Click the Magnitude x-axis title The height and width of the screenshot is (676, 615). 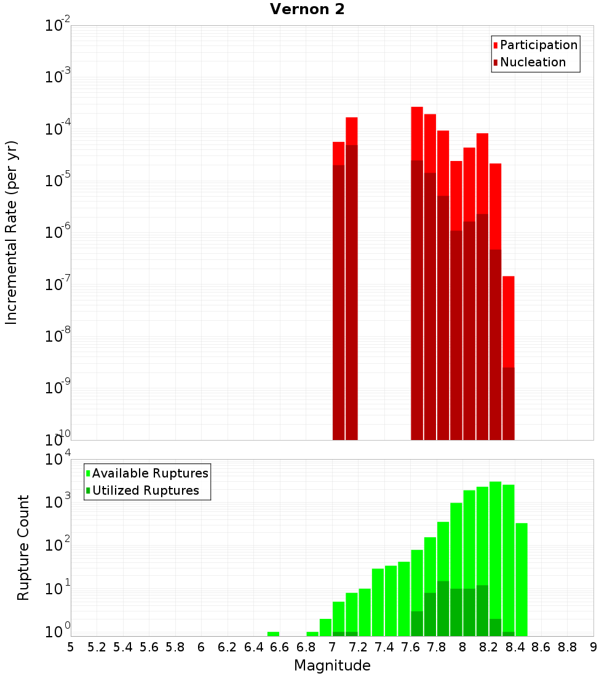[x=332, y=666]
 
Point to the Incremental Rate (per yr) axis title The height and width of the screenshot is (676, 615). [x=12, y=232]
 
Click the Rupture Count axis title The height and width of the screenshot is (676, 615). [x=23, y=547]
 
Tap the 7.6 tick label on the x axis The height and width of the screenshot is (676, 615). [x=411, y=647]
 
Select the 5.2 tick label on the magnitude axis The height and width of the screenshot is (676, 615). [x=97, y=647]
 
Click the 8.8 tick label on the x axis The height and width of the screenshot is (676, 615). [x=567, y=647]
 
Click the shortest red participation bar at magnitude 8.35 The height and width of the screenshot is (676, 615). [x=508, y=320]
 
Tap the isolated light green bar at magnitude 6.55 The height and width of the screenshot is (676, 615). [x=273, y=634]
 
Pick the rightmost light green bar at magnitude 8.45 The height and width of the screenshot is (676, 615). [x=522, y=578]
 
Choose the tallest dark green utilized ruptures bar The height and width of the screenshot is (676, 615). [x=443, y=608]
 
